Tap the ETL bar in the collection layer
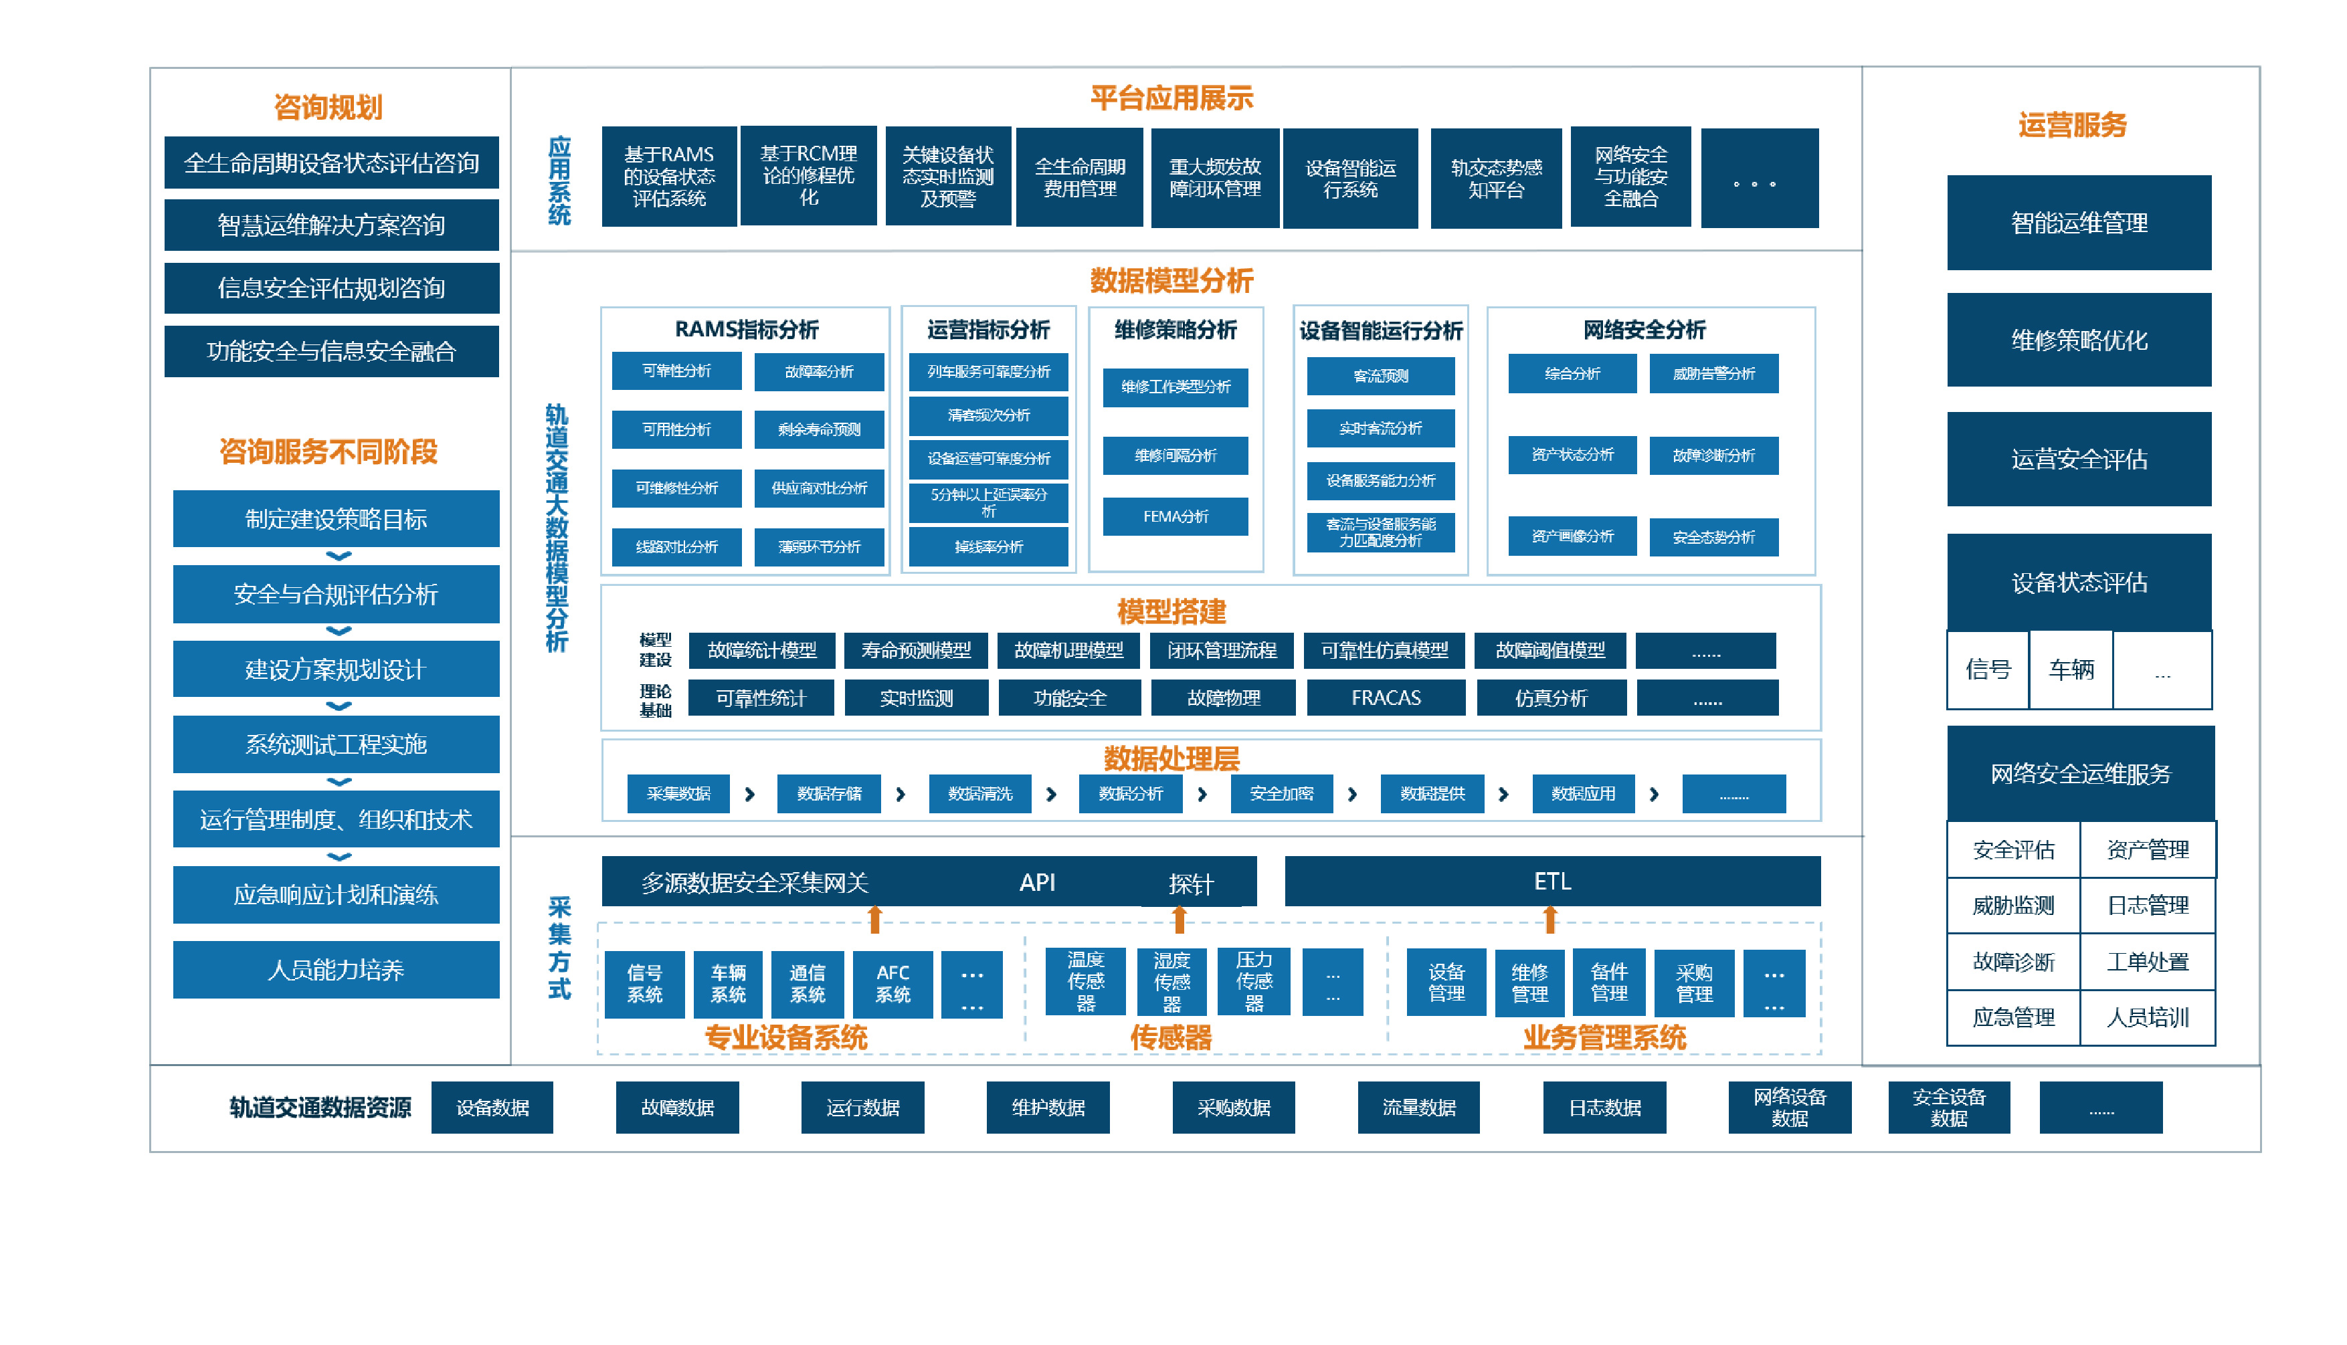click(x=1552, y=882)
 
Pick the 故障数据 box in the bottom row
click(x=676, y=1107)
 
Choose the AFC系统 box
click(x=892, y=984)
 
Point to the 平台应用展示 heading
click(x=1171, y=98)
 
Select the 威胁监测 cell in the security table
click(x=2012, y=906)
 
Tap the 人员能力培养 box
click(x=335, y=969)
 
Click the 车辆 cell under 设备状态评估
click(x=2070, y=669)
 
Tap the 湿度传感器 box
click(x=1171, y=982)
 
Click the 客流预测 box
click(x=1380, y=376)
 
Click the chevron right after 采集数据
click(x=749, y=795)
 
